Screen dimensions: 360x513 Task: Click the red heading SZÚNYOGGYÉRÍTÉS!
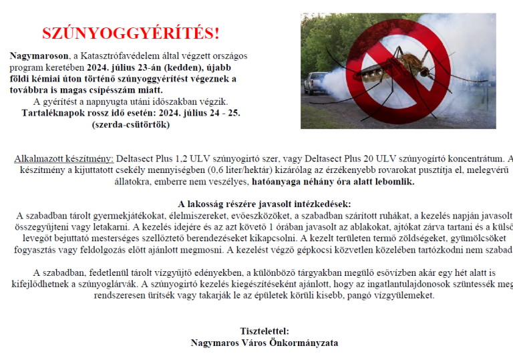[130, 33]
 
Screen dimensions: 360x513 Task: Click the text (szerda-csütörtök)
[130, 124]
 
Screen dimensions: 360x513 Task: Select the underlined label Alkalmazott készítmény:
[63, 159]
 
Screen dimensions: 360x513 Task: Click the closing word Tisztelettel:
[264, 331]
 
